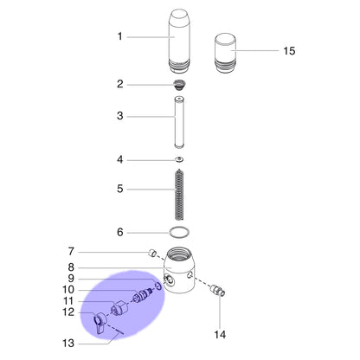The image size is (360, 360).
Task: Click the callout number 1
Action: click(119, 36)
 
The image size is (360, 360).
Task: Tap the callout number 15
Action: click(289, 51)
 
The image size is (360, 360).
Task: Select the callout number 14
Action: click(220, 335)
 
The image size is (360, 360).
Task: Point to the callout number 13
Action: click(68, 344)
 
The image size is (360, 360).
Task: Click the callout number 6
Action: click(120, 232)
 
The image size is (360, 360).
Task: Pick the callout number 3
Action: click(120, 116)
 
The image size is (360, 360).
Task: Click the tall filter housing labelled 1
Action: click(179, 42)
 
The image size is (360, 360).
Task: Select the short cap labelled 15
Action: click(225, 54)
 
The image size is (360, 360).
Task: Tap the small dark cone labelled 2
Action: click(179, 85)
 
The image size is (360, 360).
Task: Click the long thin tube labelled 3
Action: click(179, 123)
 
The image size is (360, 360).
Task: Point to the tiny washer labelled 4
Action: click(180, 159)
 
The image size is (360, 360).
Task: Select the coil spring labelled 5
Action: click(179, 195)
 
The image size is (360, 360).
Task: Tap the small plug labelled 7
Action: click(153, 254)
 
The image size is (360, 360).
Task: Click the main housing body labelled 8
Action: click(179, 270)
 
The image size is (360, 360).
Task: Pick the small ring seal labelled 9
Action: click(158, 286)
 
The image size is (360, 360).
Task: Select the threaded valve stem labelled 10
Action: click(142, 295)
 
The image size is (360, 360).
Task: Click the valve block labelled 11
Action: click(119, 308)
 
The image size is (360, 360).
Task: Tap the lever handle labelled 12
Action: click(100, 323)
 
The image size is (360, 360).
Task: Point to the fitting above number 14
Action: click(218, 289)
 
